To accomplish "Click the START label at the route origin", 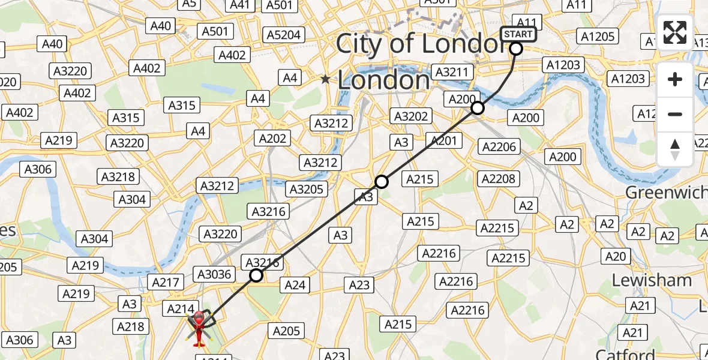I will point(517,34).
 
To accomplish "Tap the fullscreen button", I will point(675,32).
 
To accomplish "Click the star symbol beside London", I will point(325,79).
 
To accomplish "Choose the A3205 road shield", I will point(307,190).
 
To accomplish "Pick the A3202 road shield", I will point(410,116).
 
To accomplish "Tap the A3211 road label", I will point(454,72).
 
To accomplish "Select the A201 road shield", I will point(445,141).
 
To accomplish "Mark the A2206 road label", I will point(499,146).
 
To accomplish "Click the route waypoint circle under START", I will point(516,49).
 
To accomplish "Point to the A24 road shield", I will point(295,285).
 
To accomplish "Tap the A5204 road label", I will point(284,35).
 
